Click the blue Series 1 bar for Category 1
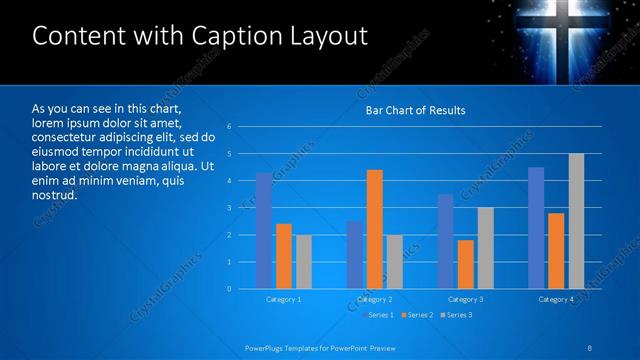(264, 231)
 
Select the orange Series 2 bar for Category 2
(374, 229)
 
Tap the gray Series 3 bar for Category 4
(576, 221)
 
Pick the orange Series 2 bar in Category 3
(465, 264)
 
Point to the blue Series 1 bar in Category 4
(536, 228)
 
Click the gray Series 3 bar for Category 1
(303, 262)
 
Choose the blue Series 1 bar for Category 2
(355, 255)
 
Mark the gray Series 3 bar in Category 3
(485, 248)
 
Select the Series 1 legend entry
(379, 315)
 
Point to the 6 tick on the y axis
(230, 127)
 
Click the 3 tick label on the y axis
(230, 208)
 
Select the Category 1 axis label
(284, 299)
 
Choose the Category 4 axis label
(556, 299)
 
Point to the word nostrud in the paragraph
(54, 195)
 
